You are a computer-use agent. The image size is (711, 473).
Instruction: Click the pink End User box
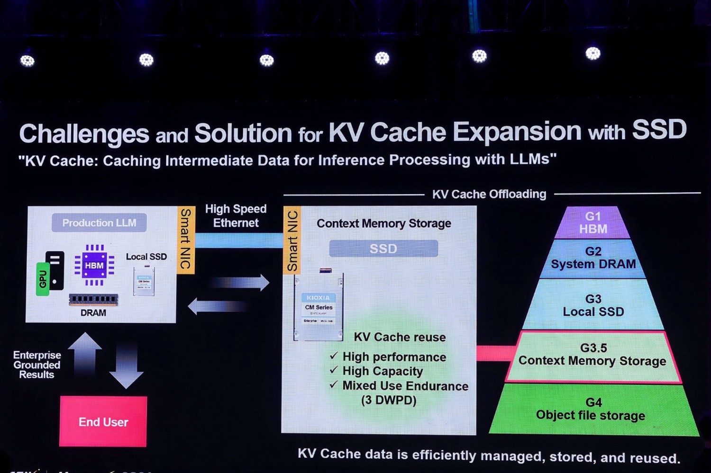point(103,421)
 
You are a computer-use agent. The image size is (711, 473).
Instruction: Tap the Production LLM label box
point(99,223)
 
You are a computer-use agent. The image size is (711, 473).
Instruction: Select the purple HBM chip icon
point(94,265)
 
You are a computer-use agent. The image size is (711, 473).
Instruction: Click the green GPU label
point(43,279)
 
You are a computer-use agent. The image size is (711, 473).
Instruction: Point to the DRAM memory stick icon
point(93,299)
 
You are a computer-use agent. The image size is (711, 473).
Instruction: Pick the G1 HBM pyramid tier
point(592,223)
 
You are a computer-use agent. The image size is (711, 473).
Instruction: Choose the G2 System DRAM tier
point(593,258)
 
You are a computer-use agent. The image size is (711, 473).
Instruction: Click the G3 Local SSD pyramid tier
point(593,305)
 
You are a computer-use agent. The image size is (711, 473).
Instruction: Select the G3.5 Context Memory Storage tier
point(592,355)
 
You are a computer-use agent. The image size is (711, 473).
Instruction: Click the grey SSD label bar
point(383,249)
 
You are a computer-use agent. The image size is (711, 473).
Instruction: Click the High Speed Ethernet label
point(236,216)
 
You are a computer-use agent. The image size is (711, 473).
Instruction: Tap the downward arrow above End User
point(126,367)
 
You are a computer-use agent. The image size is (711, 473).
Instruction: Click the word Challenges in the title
point(84,134)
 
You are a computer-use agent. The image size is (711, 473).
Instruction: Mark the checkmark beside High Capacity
point(334,370)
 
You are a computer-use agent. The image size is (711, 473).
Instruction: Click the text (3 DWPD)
point(389,401)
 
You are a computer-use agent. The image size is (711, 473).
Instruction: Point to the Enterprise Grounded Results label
point(37,365)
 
